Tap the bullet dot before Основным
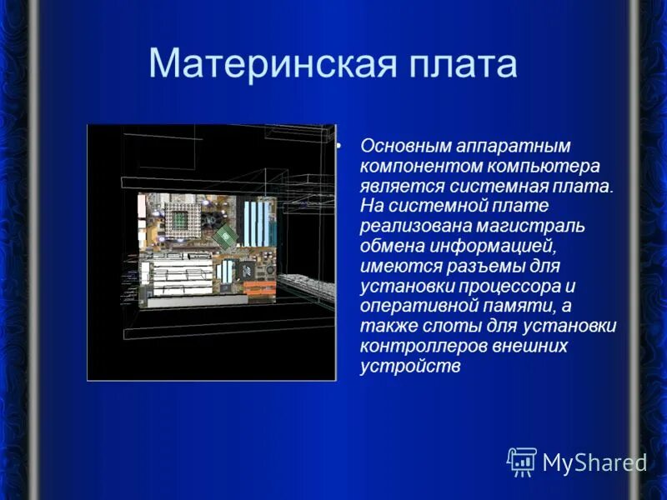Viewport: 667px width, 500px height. pos(339,146)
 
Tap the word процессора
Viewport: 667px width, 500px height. pos(515,286)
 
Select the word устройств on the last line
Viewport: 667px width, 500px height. pos(410,367)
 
